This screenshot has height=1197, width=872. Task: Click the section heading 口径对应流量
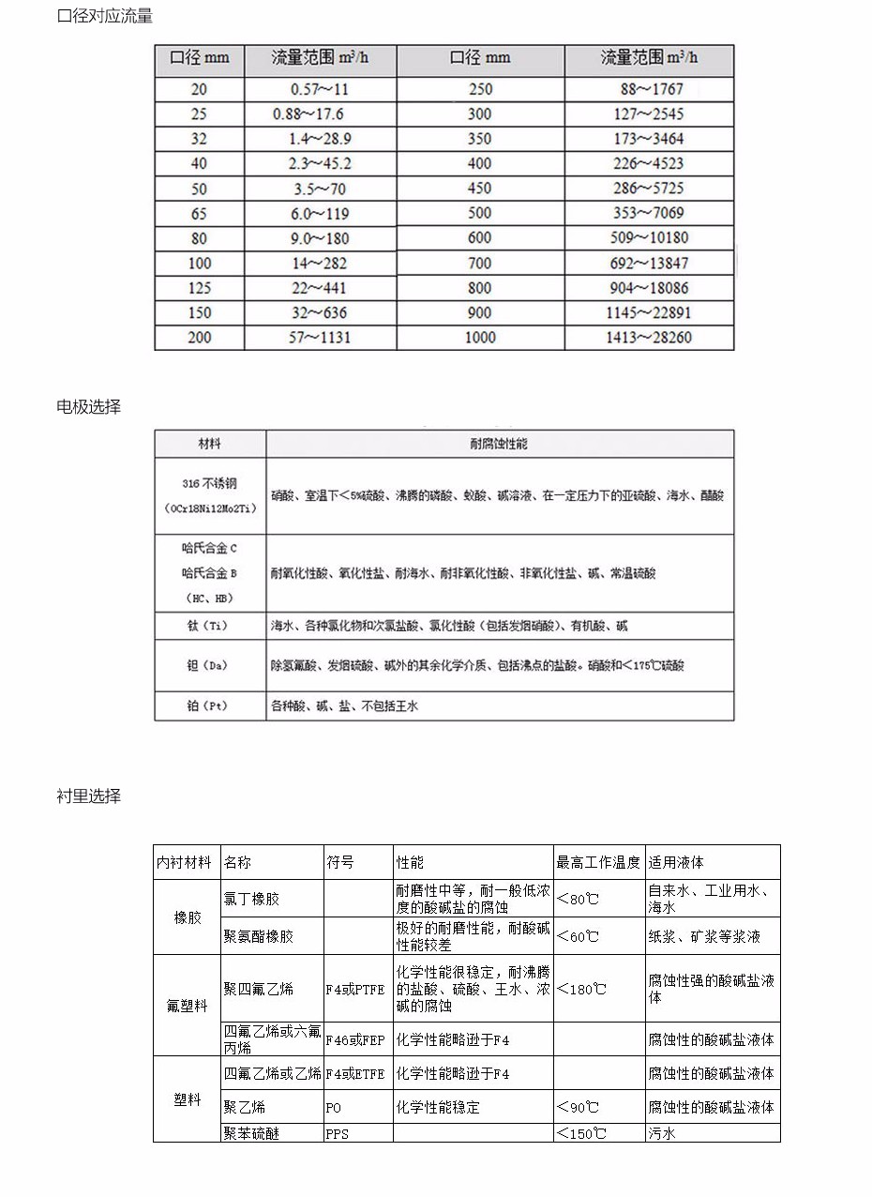(105, 16)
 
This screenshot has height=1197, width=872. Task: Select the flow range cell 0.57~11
(320, 90)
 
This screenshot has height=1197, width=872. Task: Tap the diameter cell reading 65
(199, 213)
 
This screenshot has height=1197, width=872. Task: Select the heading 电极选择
(89, 407)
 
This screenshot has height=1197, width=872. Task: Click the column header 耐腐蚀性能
(499, 444)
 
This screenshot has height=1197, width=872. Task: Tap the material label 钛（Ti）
(208, 626)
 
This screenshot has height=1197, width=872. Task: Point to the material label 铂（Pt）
(208, 705)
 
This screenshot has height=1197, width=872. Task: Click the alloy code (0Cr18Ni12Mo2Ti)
(209, 508)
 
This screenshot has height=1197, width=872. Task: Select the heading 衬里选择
(89, 796)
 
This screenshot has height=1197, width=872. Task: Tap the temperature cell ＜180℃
(581, 990)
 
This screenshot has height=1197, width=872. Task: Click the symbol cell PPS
(338, 1133)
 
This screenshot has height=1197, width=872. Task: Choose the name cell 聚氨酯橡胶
(259, 936)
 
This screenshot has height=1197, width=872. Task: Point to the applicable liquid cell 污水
(662, 1133)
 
